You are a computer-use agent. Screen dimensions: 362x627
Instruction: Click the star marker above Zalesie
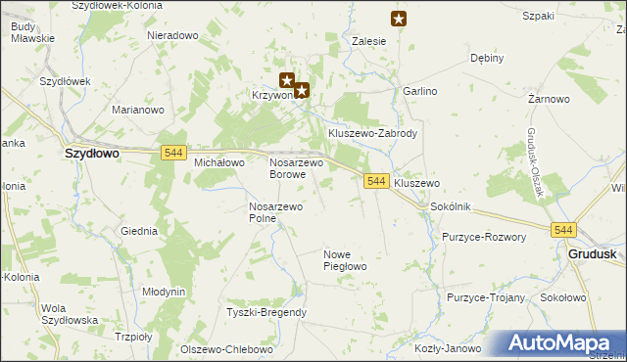click(398, 18)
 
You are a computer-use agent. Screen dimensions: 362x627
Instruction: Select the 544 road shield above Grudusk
click(562, 230)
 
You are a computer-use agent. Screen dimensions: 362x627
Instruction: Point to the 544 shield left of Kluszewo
click(376, 181)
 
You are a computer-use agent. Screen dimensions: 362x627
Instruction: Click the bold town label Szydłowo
click(91, 154)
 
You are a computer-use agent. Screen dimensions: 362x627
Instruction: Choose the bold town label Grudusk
click(592, 253)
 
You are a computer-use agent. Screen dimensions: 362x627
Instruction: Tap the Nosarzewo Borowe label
click(296, 168)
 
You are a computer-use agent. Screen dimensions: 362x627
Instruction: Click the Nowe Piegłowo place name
click(344, 260)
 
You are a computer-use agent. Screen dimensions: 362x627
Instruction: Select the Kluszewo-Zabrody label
click(373, 133)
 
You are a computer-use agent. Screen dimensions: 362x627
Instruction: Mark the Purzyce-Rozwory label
click(484, 237)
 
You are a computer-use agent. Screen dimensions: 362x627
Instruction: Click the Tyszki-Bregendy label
click(266, 312)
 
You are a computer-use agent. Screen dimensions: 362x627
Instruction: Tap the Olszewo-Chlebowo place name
click(221, 349)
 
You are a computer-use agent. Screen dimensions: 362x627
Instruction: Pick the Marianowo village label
click(137, 110)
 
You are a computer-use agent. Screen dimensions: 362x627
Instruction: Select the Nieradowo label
click(172, 35)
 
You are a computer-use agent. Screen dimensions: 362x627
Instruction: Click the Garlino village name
click(419, 90)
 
